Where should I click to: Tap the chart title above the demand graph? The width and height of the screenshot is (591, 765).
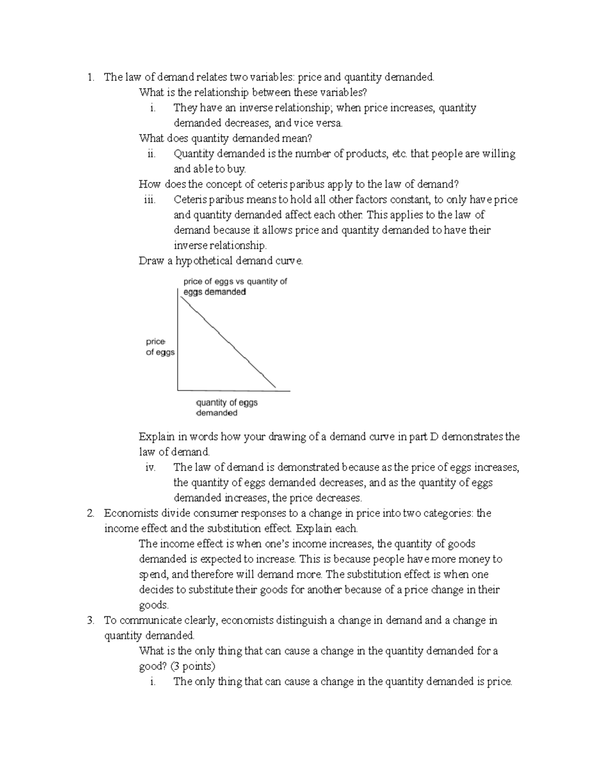pyautogui.click(x=235, y=287)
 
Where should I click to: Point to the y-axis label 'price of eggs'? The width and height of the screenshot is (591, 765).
pyautogui.click(x=160, y=347)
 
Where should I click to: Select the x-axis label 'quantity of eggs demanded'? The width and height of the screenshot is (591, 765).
pyautogui.click(x=227, y=407)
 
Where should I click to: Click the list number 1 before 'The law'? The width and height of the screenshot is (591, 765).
pyautogui.click(x=89, y=77)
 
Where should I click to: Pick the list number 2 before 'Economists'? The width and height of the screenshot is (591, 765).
pyautogui.click(x=89, y=513)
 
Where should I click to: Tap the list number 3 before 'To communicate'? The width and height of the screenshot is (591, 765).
pyautogui.click(x=89, y=620)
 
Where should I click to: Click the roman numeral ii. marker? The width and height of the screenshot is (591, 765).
pyautogui.click(x=151, y=154)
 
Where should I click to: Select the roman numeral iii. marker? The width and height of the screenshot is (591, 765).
pyautogui.click(x=150, y=200)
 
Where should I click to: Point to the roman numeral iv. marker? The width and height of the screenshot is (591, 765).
pyautogui.click(x=151, y=467)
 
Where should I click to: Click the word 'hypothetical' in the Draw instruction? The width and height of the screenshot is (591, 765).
pyautogui.click(x=204, y=261)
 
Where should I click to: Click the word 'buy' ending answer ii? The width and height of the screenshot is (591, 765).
pyautogui.click(x=236, y=169)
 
